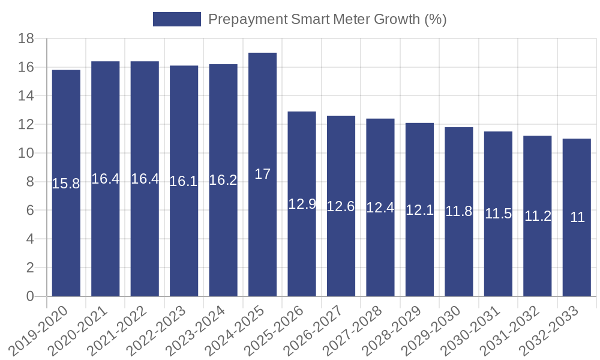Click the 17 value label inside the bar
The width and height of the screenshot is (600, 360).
(x=262, y=174)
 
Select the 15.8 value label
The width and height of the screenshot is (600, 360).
(x=66, y=184)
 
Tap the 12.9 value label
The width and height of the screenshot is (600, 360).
(x=302, y=204)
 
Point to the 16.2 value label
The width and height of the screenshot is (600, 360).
(x=223, y=181)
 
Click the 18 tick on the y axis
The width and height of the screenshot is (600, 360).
(x=25, y=39)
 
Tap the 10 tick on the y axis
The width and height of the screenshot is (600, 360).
(x=25, y=154)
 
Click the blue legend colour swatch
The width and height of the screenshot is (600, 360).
(x=176, y=19)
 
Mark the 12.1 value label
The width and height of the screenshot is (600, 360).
(x=419, y=210)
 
